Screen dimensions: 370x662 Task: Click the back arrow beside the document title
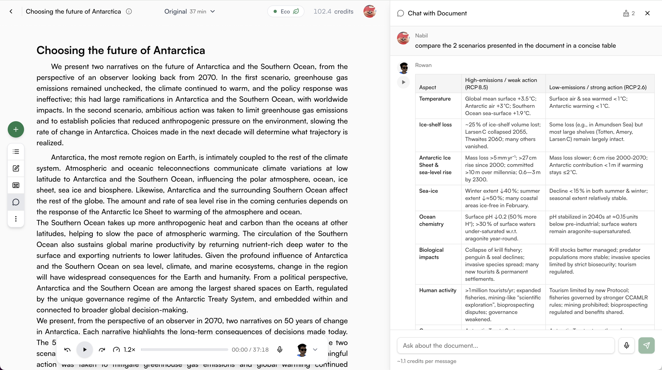(11, 11)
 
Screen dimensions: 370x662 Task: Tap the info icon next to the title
(129, 11)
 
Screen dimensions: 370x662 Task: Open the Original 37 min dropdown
(189, 11)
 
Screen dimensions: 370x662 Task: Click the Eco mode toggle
(286, 11)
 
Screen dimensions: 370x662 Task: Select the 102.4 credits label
(333, 11)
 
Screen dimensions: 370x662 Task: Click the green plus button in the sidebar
(16, 129)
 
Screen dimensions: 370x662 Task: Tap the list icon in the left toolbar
(16, 151)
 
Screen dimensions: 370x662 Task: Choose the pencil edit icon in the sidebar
(16, 168)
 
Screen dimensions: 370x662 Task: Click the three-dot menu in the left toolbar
(16, 219)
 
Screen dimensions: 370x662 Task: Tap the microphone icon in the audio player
(280, 349)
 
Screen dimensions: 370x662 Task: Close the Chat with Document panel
(647, 13)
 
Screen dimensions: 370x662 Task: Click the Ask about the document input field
(505, 345)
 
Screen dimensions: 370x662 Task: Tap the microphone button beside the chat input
(626, 345)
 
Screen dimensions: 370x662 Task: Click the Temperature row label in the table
(435, 99)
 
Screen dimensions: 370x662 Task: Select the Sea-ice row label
(428, 191)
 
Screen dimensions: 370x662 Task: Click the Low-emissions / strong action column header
(598, 87)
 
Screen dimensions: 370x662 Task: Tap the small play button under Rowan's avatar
(403, 82)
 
